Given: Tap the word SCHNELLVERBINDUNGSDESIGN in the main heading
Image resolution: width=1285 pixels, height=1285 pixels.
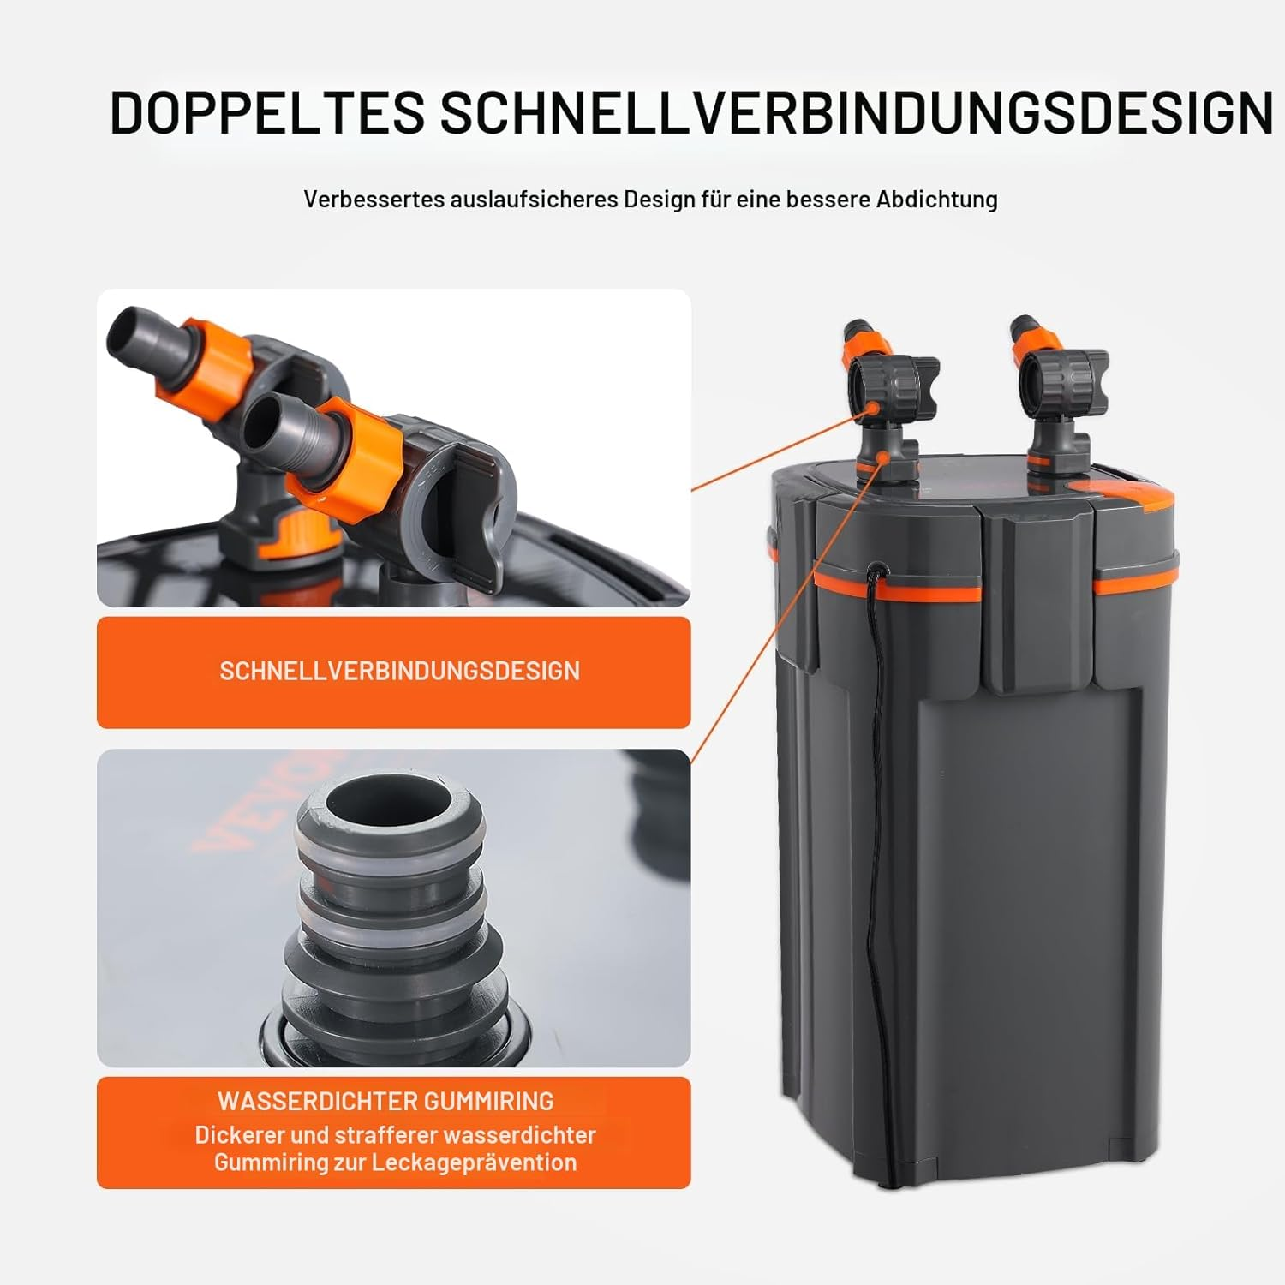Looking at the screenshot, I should click(x=857, y=112).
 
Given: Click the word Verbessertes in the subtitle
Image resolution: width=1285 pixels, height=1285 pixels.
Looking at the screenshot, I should click(x=374, y=200).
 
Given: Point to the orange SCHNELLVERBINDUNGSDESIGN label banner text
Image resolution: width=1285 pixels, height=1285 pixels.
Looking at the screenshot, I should click(x=399, y=671).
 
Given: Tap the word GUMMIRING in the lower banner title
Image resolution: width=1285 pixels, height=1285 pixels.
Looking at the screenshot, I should click(x=489, y=1101).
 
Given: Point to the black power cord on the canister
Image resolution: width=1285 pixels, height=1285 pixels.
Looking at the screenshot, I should click(x=872, y=771).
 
